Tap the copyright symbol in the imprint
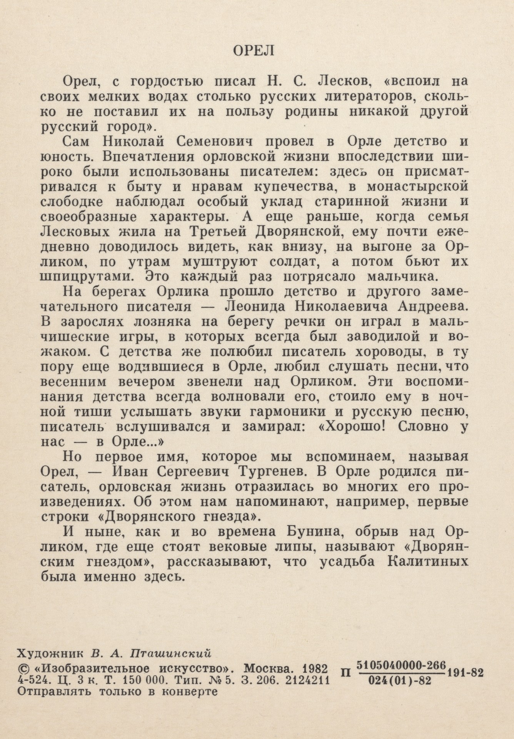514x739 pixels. (23, 667)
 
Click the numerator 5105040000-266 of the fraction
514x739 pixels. (401, 665)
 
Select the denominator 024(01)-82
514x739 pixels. (400, 680)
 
